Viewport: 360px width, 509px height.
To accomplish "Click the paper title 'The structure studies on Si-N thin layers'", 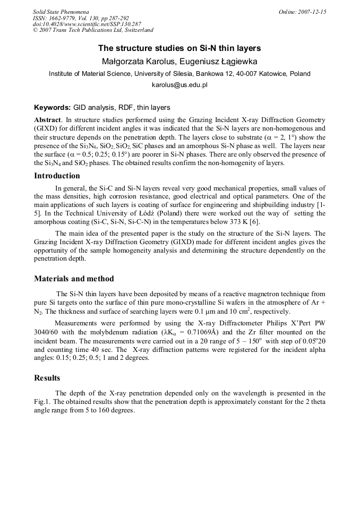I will (x=179, y=48).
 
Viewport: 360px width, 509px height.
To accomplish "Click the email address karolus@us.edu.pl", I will (x=179, y=85).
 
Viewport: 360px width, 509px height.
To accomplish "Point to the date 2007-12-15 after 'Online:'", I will (x=314, y=12).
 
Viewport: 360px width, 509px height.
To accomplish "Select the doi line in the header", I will (x=87, y=24).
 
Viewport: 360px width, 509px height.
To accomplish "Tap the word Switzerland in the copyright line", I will (x=136, y=31).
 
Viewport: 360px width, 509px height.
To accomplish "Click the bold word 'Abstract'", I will (x=47, y=120).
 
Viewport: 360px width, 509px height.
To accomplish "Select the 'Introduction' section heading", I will (x=57, y=176).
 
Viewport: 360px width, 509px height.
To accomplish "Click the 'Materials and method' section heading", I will (x=74, y=279).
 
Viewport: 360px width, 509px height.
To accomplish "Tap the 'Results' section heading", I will (x=47, y=378).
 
